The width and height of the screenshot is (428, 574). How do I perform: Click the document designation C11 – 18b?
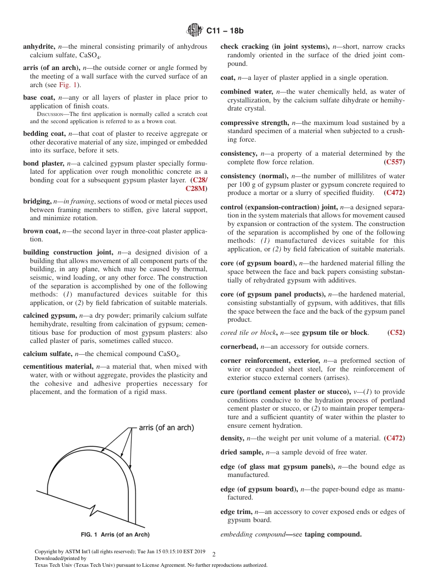[x=225, y=31]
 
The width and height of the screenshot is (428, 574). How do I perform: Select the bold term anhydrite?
[x=39, y=46]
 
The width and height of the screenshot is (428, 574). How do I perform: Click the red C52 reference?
[x=396, y=333]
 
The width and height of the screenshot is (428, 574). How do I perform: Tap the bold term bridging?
[x=37, y=201]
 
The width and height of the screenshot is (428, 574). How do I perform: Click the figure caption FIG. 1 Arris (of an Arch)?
[x=115, y=535]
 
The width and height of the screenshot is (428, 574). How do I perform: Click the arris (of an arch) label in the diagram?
[x=166, y=427]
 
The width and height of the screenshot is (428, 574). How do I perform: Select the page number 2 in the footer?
[x=214, y=554]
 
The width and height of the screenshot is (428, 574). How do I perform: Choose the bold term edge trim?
[x=236, y=512]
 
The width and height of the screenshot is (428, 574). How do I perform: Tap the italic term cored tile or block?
[x=247, y=333]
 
